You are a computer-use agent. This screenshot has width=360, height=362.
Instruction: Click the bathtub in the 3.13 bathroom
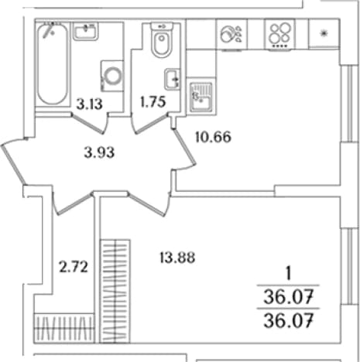[x=53, y=64]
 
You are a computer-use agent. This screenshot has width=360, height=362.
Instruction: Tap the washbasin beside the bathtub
[x=85, y=31]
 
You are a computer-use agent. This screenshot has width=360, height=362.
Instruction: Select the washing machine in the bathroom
[x=112, y=76]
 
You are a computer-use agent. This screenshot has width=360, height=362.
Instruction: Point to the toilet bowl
[x=162, y=40]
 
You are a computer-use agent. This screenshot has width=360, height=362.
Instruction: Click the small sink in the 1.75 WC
[x=172, y=79]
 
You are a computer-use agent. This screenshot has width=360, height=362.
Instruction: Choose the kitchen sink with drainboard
[x=201, y=97]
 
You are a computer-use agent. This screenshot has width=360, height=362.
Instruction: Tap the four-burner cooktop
[x=279, y=34]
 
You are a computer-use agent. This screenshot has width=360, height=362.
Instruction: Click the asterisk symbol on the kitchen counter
[x=324, y=33]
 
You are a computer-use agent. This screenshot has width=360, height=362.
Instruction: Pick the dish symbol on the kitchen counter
[x=231, y=34]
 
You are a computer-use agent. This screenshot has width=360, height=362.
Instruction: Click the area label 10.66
[x=213, y=137]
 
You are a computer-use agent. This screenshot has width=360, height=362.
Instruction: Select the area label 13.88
[x=177, y=258]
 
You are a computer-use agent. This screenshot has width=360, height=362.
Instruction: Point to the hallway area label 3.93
[x=99, y=152]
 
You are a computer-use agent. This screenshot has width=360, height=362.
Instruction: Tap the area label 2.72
[x=74, y=267]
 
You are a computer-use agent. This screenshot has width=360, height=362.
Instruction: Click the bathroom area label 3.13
[x=89, y=104]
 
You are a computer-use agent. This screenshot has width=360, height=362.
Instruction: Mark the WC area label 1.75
[x=153, y=101]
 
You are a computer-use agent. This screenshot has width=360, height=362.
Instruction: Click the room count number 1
[x=289, y=274]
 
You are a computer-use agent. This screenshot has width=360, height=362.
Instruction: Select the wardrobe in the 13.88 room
[x=115, y=291]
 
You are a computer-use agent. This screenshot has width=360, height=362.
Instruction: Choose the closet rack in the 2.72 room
[x=63, y=328]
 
